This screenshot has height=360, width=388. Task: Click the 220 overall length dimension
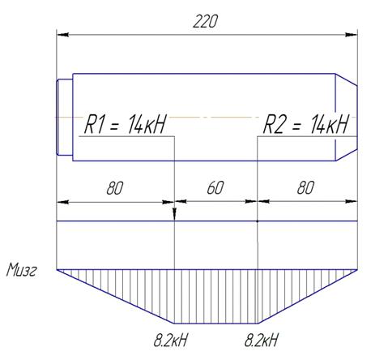tap(205, 22)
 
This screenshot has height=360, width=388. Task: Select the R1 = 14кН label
tap(126, 124)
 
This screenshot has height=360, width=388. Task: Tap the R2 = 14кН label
tap(306, 124)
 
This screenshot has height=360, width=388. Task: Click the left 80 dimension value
tap(115, 188)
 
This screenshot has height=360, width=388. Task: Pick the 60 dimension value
tap(215, 187)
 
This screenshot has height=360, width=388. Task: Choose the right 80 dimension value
tap(305, 187)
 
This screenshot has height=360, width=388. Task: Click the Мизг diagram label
tap(21, 270)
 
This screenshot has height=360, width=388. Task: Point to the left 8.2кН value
tap(170, 340)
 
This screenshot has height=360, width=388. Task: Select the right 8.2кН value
tap(261, 340)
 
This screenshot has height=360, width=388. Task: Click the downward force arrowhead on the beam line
tap(174, 214)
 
